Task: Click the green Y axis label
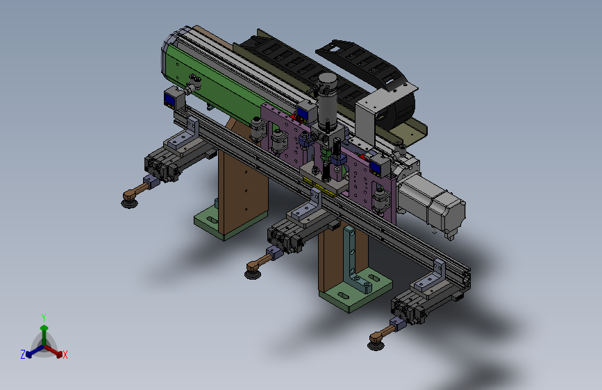[44, 317]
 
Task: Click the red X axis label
[65, 355]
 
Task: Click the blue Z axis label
[23, 355]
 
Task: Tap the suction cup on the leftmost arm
[129, 201]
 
